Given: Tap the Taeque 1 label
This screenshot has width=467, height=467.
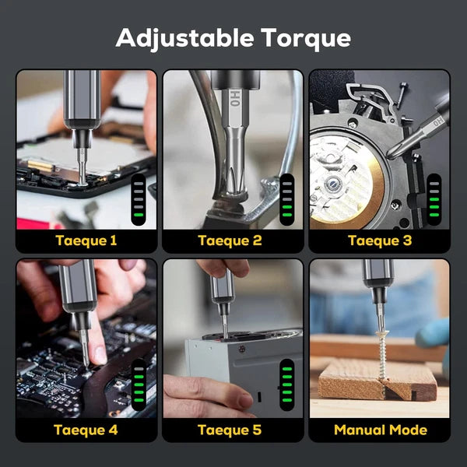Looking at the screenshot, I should point(86,241).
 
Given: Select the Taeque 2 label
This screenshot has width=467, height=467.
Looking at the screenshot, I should point(230,241).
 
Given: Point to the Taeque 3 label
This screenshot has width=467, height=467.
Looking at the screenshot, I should point(379,241).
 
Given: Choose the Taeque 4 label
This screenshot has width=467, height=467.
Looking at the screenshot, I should point(86,429).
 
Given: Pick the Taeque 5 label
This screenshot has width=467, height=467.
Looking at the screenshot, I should point(230,429).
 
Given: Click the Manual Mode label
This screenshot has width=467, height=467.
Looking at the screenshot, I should point(380,429).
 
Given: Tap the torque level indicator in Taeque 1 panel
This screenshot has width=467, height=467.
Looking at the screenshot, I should point(138,199).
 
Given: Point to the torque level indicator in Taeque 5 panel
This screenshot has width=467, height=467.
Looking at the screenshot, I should point(286,381).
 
